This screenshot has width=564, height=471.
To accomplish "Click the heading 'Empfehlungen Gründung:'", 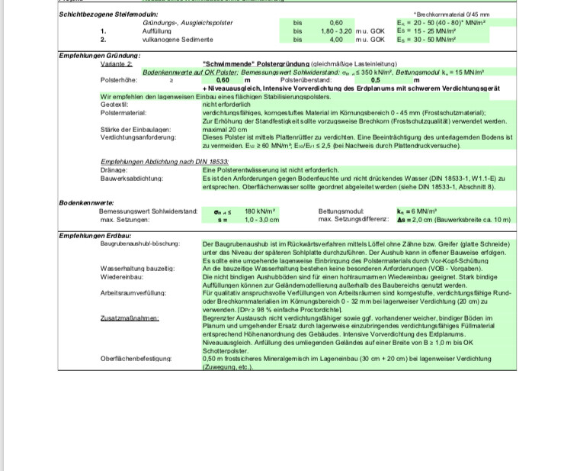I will (x=100, y=56).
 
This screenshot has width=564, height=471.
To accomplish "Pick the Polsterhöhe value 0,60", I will (x=223, y=79).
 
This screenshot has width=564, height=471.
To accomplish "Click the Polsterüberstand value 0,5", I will (x=375, y=79).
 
